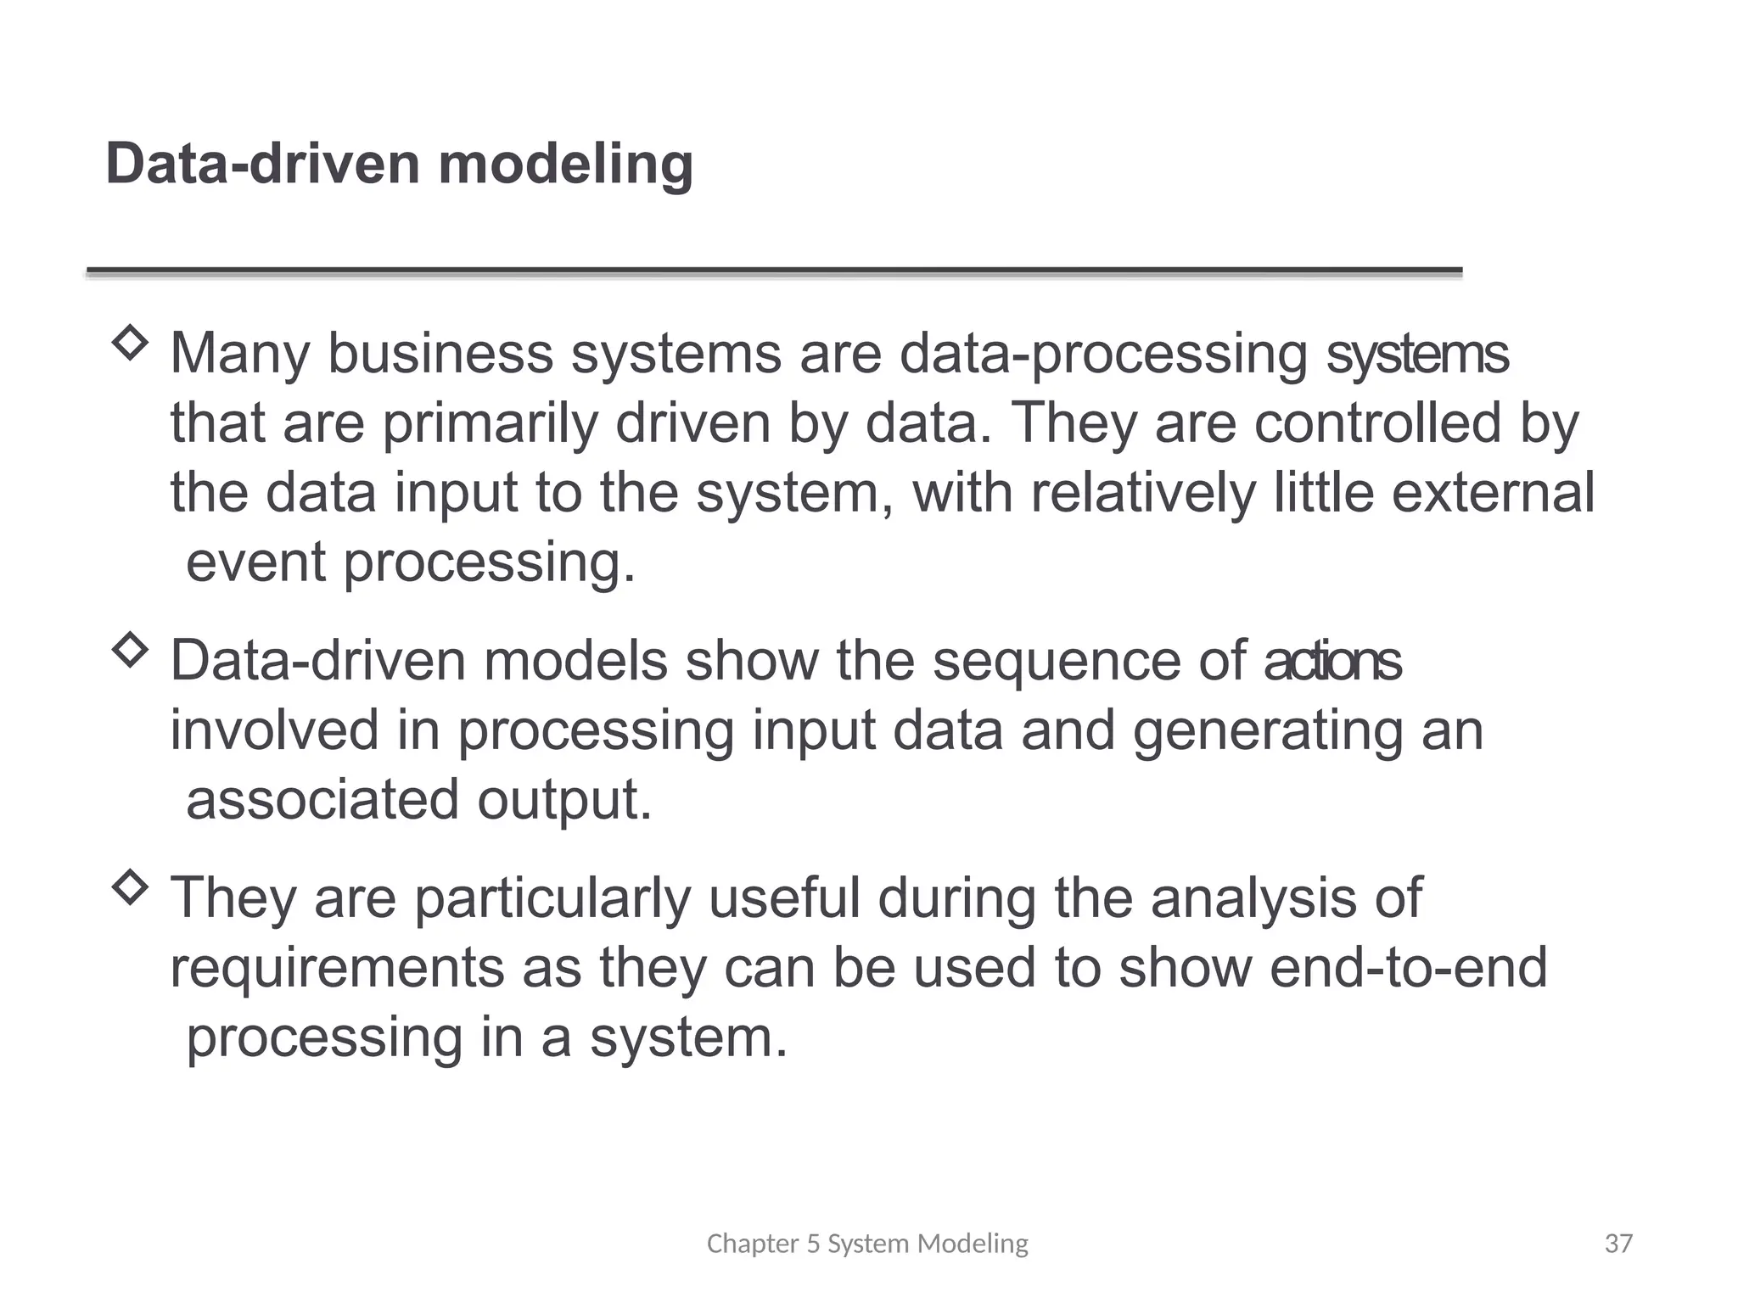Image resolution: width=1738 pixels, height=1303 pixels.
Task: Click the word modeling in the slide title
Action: [x=565, y=165]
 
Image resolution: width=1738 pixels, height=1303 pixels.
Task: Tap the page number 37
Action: [x=1618, y=1244]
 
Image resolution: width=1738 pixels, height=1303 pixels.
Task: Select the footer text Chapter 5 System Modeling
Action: [x=867, y=1244]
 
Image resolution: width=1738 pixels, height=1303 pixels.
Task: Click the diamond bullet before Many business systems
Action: [x=130, y=344]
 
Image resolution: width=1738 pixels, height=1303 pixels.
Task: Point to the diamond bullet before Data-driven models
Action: [x=130, y=651]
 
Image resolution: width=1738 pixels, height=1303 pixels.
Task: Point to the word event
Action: [x=255, y=562]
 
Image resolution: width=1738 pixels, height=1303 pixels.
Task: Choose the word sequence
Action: [x=1056, y=661]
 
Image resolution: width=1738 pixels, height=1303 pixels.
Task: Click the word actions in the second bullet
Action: [x=1332, y=661]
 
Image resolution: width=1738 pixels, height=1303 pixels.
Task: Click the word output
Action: [x=564, y=801]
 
